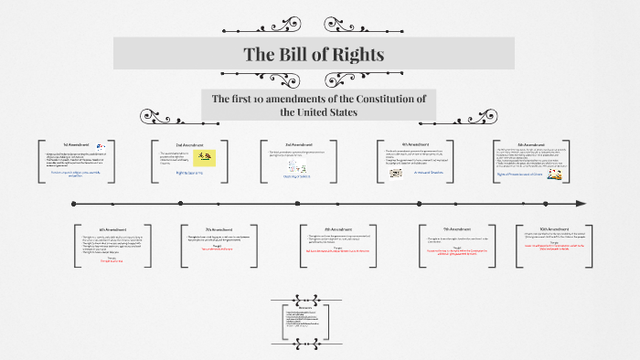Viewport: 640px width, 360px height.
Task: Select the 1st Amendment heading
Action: [76, 144]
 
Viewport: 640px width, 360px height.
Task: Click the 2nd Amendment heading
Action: [187, 144]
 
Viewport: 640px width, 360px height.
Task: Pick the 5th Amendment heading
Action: [532, 143]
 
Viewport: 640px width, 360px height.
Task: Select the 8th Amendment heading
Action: [337, 228]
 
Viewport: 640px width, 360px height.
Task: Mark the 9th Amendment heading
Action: [456, 228]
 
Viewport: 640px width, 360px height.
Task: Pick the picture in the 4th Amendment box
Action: [396, 172]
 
